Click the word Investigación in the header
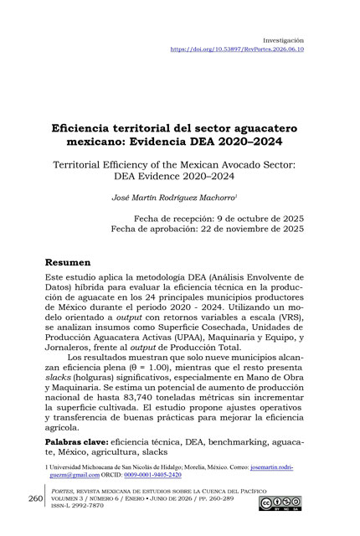click(x=283, y=39)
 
